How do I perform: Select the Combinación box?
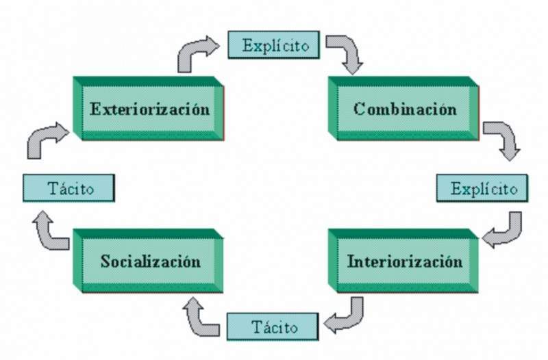tap(404, 108)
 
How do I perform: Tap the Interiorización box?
tap(404, 261)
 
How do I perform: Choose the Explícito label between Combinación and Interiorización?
tap(482, 188)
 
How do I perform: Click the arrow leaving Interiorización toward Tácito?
tap(347, 315)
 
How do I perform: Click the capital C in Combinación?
tap(359, 109)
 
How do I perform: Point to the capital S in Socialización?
tap(105, 261)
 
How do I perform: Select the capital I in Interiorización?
tap(351, 261)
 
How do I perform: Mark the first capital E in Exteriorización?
tap(95, 109)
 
